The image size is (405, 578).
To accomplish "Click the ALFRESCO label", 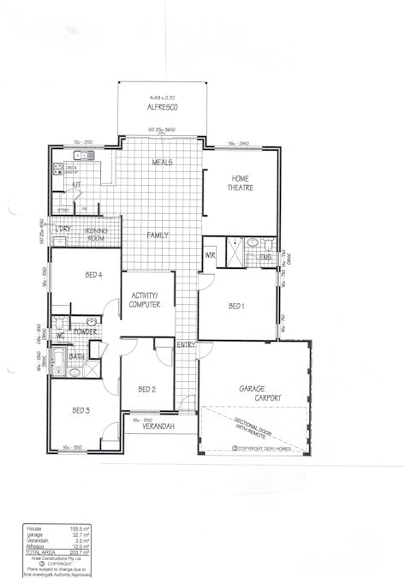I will click(162, 109).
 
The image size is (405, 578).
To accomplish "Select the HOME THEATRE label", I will click(239, 182).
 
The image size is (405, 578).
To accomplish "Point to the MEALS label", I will click(162, 162).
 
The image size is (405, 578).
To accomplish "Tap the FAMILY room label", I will click(158, 235).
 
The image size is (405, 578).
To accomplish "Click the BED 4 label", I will click(94, 275).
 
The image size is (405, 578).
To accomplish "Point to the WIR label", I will click(210, 256).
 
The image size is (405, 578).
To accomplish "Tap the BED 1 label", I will click(237, 306).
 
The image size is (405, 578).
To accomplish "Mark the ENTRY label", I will click(187, 344).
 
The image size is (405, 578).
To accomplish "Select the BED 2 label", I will click(146, 389).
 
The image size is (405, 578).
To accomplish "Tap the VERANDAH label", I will click(159, 425).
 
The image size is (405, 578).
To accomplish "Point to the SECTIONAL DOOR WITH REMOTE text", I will click(263, 430).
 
